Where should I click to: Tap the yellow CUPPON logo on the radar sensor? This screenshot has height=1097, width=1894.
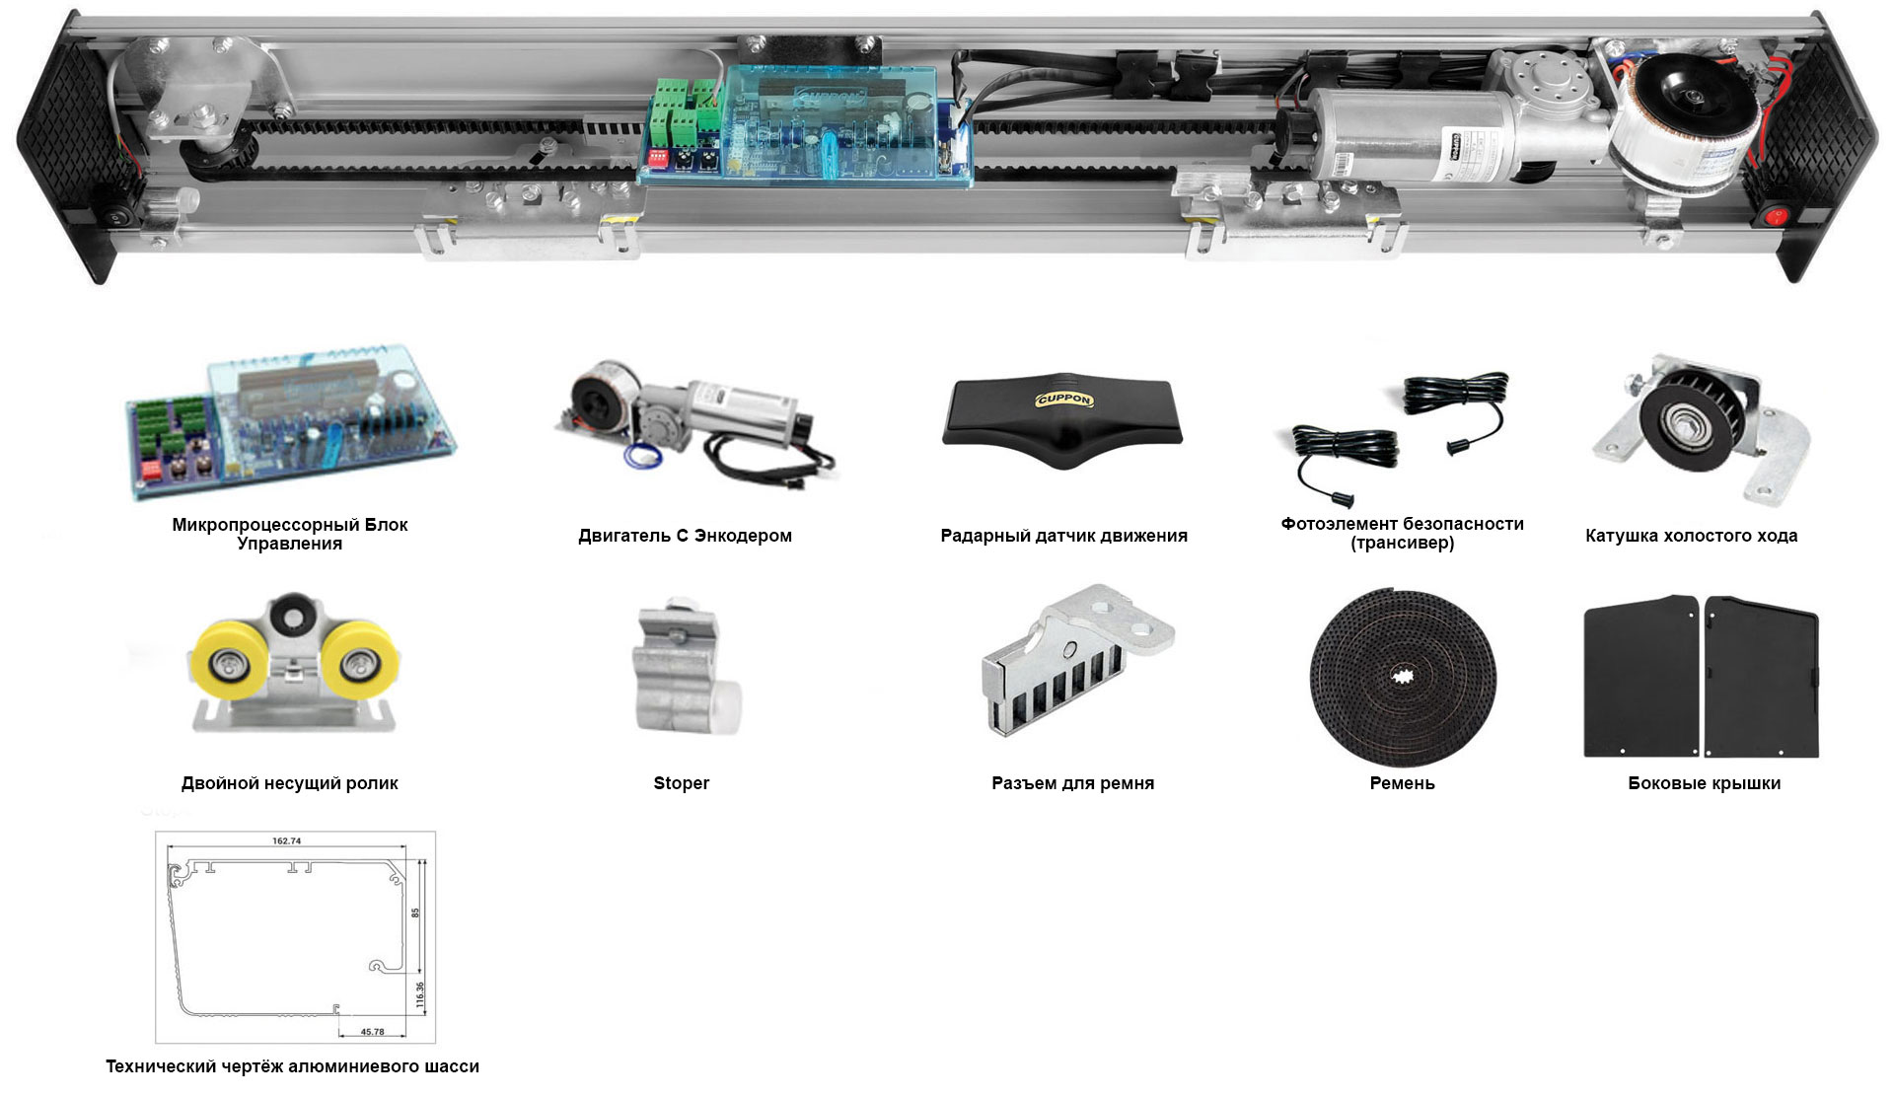point(1064,400)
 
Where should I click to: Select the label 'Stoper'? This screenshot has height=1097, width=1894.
point(682,783)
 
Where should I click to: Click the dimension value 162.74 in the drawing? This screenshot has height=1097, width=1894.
point(287,841)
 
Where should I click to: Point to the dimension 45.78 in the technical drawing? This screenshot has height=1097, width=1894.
point(372,1032)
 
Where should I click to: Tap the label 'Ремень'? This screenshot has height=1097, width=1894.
point(1403,783)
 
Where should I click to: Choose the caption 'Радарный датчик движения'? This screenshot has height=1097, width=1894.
point(1064,536)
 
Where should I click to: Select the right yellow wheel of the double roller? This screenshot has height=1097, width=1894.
point(358,662)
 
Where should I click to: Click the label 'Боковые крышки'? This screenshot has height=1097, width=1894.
point(1705,783)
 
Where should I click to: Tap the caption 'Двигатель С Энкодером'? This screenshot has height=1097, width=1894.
point(686,536)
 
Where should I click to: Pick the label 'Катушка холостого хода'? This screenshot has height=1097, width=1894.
point(1692,536)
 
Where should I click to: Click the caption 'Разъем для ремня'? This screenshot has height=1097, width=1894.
point(1073,783)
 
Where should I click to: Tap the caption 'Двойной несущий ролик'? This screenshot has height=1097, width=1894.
point(290,783)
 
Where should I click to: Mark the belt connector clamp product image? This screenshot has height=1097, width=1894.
point(1077,659)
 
